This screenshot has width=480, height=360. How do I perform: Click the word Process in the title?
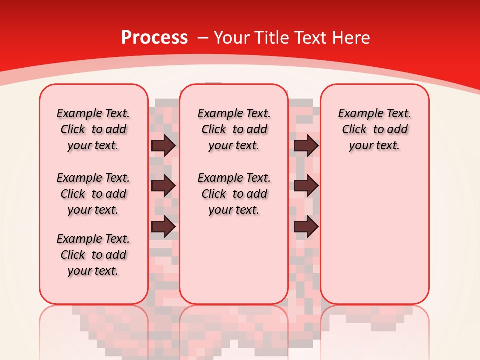154,38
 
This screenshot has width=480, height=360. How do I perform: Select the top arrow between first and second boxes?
163,146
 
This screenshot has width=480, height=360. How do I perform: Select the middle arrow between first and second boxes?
163,186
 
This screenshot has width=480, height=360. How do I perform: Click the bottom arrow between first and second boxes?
163,227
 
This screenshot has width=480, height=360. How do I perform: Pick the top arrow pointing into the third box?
306,146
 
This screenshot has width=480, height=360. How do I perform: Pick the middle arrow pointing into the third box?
306,186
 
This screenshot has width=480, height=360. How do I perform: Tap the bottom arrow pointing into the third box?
306,227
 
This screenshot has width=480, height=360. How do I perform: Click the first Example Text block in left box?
93,129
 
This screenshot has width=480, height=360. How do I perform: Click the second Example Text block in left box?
93,194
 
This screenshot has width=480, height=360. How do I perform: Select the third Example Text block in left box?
93,255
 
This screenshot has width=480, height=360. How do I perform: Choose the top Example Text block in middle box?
234,129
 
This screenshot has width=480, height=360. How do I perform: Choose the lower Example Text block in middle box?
234,194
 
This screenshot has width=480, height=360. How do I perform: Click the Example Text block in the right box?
374,129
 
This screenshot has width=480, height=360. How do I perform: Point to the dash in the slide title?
203,38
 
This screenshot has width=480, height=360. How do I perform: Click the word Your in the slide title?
233,38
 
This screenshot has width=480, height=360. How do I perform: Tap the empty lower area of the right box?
374,240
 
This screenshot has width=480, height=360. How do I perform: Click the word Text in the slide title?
311,38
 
